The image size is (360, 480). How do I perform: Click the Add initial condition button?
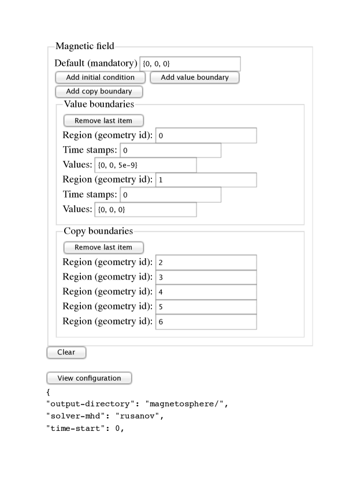point(100,77)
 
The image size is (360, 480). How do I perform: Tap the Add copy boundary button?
point(99,91)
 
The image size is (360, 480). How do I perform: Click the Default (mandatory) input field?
point(190,64)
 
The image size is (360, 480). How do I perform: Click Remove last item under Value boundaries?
point(103,121)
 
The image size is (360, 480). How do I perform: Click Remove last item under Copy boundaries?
point(103,247)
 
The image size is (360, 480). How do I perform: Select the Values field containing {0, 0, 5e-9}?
point(145,165)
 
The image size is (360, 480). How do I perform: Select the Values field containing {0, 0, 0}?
point(145,209)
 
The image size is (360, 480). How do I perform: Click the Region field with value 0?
point(206,136)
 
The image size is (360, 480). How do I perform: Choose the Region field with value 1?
point(206,180)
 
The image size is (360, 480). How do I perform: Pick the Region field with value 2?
point(206,262)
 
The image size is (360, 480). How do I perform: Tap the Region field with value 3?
point(206,277)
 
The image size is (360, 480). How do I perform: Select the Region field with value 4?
point(206,292)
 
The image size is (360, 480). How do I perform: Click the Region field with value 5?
point(206,307)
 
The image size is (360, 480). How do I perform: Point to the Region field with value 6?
point(206,321)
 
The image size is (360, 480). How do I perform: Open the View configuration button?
point(89,378)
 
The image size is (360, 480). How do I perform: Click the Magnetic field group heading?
point(84,46)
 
